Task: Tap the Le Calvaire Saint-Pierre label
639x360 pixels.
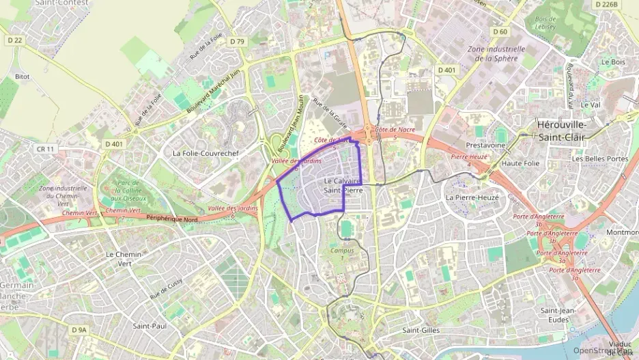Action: click(x=343, y=185)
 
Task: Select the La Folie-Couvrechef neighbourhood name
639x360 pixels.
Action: click(x=205, y=154)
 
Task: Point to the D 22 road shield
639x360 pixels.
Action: click(x=15, y=40)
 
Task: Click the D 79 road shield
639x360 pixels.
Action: click(x=237, y=42)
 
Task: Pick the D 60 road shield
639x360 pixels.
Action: click(x=500, y=31)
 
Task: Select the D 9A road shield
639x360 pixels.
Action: click(x=79, y=329)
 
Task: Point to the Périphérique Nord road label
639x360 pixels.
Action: click(x=172, y=219)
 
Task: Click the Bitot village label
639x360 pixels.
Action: click(x=22, y=77)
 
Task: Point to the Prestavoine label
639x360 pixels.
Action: click(x=485, y=146)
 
